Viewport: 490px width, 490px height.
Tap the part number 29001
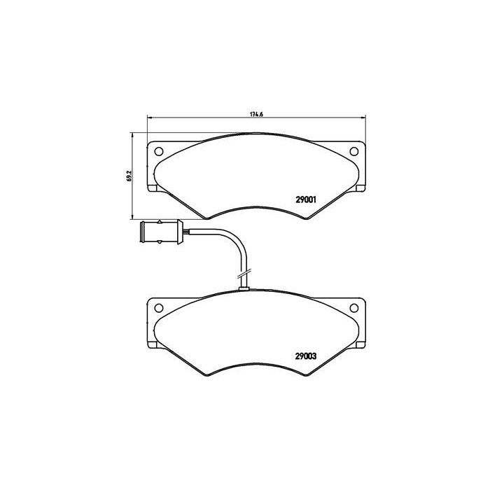(x=307, y=199)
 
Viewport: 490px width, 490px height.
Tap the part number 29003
(x=307, y=355)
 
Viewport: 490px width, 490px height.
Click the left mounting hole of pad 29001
(x=158, y=151)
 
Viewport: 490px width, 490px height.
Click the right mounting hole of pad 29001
(x=354, y=151)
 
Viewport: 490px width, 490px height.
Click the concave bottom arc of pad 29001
(x=256, y=206)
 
